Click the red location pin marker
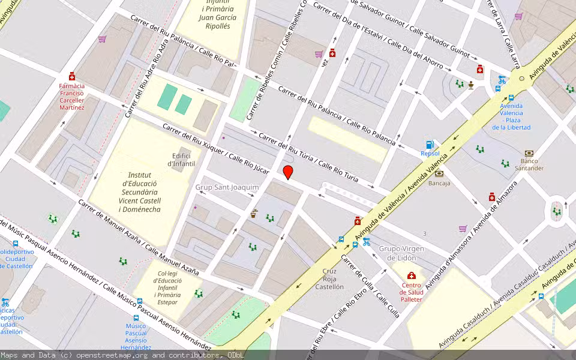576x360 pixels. [x=288, y=172]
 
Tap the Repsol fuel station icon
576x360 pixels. [x=430, y=145]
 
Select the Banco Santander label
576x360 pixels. [x=528, y=164]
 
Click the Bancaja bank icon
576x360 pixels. [x=439, y=173]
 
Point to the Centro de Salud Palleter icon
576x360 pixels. [x=411, y=275]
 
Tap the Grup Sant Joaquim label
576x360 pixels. [x=227, y=187]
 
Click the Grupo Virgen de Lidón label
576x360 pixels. [x=401, y=253]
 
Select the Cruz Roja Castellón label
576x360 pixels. [x=329, y=279]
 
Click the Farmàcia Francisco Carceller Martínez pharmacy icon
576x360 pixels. [x=72, y=76]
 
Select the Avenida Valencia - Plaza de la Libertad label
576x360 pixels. [x=511, y=116]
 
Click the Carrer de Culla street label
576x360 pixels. [x=370, y=286]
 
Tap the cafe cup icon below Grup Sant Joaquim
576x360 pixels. [x=254, y=213]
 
